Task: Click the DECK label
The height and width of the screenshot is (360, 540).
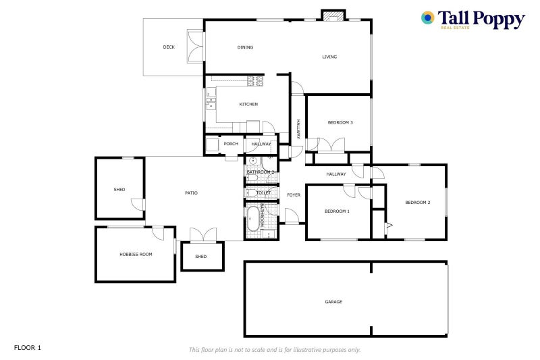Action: tap(169, 47)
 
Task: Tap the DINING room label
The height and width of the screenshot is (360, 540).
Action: tap(245, 47)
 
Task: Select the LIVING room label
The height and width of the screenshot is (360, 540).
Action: tap(329, 57)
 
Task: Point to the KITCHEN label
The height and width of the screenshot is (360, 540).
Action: tap(248, 104)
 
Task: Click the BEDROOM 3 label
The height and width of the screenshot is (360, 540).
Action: tap(340, 122)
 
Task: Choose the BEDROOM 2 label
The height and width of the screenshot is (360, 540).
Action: tap(418, 202)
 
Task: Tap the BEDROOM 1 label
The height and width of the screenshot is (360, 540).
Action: tap(337, 211)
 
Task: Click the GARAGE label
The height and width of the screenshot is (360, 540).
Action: tap(333, 302)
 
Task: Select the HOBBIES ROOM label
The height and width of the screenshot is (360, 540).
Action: tap(136, 254)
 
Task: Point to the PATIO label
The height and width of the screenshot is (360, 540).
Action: tap(192, 193)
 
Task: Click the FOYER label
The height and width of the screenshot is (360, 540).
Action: tap(294, 195)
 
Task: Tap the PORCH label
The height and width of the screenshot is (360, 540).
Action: tap(231, 144)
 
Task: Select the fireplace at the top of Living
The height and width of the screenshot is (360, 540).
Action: tap(333, 16)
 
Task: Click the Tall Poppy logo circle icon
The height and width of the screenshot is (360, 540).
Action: tap(428, 18)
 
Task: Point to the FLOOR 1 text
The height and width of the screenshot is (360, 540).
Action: tap(28, 348)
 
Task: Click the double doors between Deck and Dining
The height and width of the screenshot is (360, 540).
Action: tap(195, 46)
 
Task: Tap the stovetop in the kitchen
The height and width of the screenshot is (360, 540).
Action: tap(256, 81)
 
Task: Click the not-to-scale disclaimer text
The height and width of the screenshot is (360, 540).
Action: tap(275, 350)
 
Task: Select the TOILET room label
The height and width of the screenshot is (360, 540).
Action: tap(263, 192)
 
